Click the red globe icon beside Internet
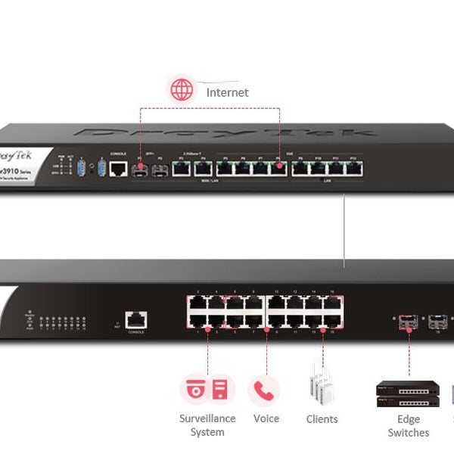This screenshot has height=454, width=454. point(182,90)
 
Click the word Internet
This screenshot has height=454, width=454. point(227,92)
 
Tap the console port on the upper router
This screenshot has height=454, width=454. point(118,168)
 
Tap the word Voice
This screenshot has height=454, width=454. point(266,418)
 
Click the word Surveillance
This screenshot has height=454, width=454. point(207,418)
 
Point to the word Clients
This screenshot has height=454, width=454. point(322,419)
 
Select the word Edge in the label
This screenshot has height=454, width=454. point(408,419)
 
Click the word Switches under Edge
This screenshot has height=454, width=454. point(408,433)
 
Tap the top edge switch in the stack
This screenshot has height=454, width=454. point(408,388)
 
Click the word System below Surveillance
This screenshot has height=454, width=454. point(207,433)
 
